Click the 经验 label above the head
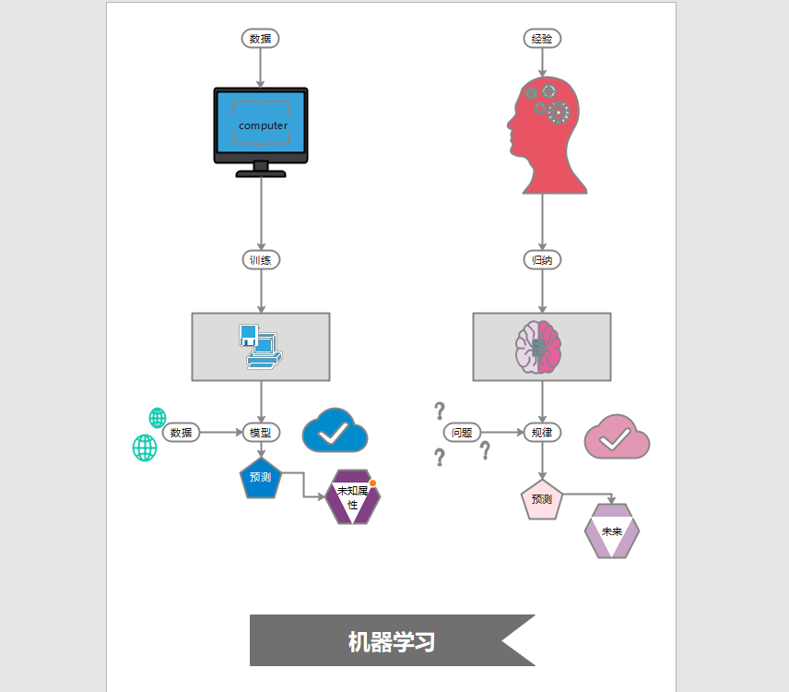(x=542, y=39)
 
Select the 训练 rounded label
(x=261, y=260)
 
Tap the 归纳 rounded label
(x=542, y=260)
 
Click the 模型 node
(x=261, y=432)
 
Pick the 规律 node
(x=542, y=432)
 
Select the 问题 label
(x=463, y=432)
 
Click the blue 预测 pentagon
(x=260, y=478)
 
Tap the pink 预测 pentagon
(x=541, y=500)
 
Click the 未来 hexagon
(x=612, y=531)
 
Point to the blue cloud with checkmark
(x=336, y=431)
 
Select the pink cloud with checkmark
(x=617, y=438)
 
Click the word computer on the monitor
(x=263, y=125)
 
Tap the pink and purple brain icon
(x=538, y=347)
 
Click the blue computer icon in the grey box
(x=260, y=347)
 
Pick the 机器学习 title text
(x=391, y=642)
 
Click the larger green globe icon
(x=145, y=447)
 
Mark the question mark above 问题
(x=440, y=410)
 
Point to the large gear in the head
(x=558, y=113)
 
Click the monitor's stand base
(x=261, y=173)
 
